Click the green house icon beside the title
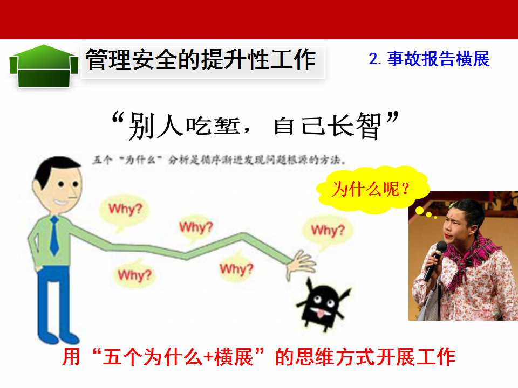click(x=44, y=66)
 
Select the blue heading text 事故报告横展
click(x=438, y=59)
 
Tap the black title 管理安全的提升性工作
click(x=201, y=59)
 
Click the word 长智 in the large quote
click(x=357, y=126)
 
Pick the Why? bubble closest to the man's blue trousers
click(x=134, y=274)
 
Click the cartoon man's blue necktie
click(x=54, y=235)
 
